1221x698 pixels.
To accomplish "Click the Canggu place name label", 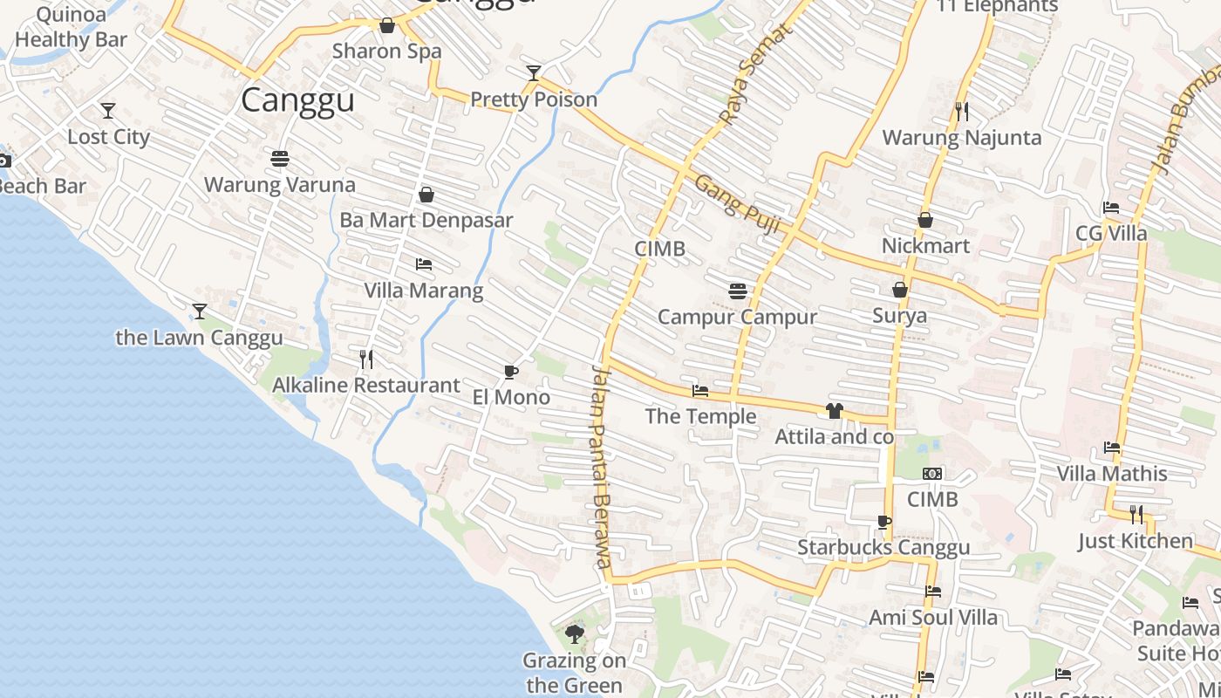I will click(x=297, y=100).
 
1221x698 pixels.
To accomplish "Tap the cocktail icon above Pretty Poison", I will click(x=534, y=72).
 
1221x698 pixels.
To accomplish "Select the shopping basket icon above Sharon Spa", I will click(x=387, y=25).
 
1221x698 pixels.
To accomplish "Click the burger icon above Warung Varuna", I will click(x=280, y=159).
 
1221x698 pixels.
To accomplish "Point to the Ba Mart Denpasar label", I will click(x=426, y=220).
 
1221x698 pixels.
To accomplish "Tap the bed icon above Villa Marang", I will click(x=424, y=264).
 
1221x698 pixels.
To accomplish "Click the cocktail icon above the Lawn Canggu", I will click(x=200, y=311).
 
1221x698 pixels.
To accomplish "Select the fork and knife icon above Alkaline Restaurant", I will click(x=366, y=359).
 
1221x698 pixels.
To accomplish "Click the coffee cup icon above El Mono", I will click(x=511, y=373).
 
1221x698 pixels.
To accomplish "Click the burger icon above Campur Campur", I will click(x=738, y=291).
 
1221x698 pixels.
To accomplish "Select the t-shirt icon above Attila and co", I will click(x=835, y=411).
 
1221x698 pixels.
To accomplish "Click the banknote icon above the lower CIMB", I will click(x=932, y=474).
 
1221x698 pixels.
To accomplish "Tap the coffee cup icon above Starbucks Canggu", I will click(x=883, y=523).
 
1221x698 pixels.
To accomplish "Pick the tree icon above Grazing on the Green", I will click(x=574, y=634).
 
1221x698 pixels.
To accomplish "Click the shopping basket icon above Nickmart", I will click(x=925, y=220).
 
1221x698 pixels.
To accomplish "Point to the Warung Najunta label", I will click(x=962, y=138).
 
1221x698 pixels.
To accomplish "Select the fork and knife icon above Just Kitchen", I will click(x=1136, y=515).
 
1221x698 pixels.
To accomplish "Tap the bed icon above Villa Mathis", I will click(x=1112, y=448).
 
